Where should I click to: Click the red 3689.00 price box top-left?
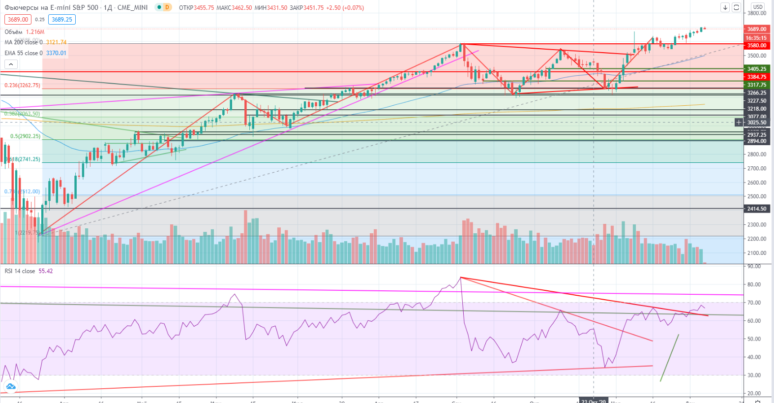18,20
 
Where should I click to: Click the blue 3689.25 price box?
62,20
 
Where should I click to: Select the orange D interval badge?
167,7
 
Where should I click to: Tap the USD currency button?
758,7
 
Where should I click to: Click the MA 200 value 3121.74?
56,42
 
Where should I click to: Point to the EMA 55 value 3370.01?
56,53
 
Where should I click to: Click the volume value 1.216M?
35,32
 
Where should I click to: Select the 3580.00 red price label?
757,46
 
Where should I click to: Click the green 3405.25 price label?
757,69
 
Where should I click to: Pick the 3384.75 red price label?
757,77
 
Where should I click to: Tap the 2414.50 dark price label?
757,209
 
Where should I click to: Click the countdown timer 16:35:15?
756,38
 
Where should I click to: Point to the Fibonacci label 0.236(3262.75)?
23,85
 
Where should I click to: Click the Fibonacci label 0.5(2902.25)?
25,136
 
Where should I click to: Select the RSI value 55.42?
46,271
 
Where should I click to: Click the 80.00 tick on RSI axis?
754,284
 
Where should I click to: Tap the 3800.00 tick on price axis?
757,13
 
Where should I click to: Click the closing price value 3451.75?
314,8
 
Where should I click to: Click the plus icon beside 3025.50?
739,122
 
